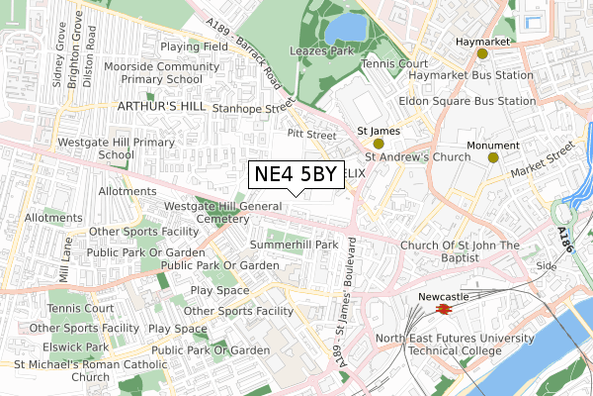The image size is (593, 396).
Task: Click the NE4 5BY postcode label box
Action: tap(295, 174)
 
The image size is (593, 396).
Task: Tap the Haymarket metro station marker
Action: tap(482, 52)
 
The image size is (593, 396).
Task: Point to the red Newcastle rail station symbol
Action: tap(444, 309)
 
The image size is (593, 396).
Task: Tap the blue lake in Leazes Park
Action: tap(345, 25)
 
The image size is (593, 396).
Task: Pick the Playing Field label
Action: tap(195, 46)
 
